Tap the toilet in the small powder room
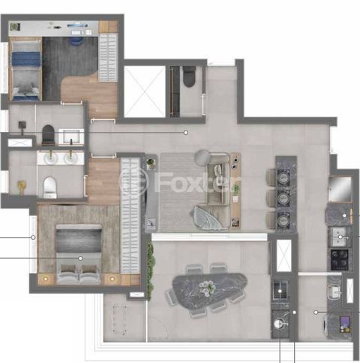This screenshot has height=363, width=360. [x=189, y=76]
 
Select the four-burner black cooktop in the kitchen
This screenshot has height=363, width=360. [x=340, y=259]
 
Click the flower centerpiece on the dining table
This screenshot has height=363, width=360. [x=207, y=288]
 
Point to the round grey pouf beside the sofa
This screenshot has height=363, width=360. [x=202, y=157]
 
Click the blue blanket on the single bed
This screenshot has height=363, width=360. [x=26, y=59]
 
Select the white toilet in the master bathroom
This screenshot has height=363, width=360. [x=49, y=187]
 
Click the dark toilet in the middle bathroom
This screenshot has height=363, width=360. [x=48, y=135]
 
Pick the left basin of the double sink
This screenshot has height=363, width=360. [x=51, y=158]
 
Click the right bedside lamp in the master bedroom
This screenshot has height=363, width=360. [x=112, y=278]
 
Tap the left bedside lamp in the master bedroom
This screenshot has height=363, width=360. [x=46, y=278]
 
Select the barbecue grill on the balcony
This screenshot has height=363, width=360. [x=280, y=291]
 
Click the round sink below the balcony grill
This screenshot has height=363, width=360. [x=278, y=324]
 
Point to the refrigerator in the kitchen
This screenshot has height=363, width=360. [x=340, y=189]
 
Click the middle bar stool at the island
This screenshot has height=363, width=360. [x=271, y=199]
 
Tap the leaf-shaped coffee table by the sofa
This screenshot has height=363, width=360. [x=207, y=217]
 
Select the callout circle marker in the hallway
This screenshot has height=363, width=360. [x=186, y=133]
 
